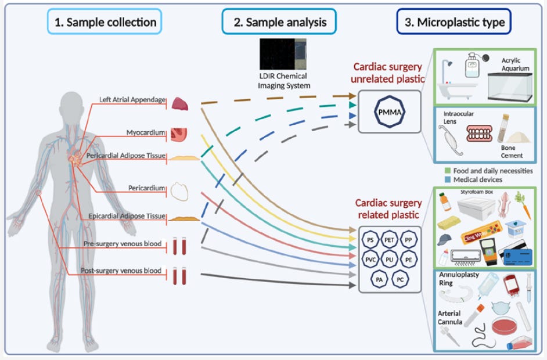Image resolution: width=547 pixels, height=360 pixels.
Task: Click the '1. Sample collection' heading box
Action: tap(105, 21)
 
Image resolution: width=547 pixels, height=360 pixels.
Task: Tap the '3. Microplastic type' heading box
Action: tap(454, 21)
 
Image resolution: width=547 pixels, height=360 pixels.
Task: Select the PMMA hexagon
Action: tap(390, 111)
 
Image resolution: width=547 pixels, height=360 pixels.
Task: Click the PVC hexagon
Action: tap(370, 260)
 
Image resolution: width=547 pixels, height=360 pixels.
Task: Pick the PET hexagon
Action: tap(389, 240)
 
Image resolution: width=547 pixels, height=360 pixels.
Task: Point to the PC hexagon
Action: tap(400, 279)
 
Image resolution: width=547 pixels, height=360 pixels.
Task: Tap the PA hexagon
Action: tap(379, 279)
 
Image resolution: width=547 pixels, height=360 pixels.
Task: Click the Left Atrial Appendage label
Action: tap(132, 100)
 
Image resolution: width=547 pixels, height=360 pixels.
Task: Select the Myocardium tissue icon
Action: tap(179, 135)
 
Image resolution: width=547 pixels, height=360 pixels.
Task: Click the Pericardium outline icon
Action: tap(179, 192)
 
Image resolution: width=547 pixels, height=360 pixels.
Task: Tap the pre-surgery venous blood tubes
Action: tap(179, 246)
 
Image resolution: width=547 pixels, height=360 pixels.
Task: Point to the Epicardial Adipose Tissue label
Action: tap(127, 216)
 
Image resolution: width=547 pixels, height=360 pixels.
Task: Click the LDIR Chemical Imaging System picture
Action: tap(283, 54)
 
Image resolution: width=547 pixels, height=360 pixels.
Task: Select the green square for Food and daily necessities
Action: tap(448, 171)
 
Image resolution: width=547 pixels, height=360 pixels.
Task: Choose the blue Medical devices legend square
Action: tap(448, 179)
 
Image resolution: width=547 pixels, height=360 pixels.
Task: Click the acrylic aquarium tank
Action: tap(510, 87)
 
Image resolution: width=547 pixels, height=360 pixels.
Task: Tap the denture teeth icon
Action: tap(480, 133)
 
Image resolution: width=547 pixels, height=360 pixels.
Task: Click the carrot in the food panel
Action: tap(523, 205)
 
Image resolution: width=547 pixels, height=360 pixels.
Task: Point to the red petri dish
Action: tap(504, 326)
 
